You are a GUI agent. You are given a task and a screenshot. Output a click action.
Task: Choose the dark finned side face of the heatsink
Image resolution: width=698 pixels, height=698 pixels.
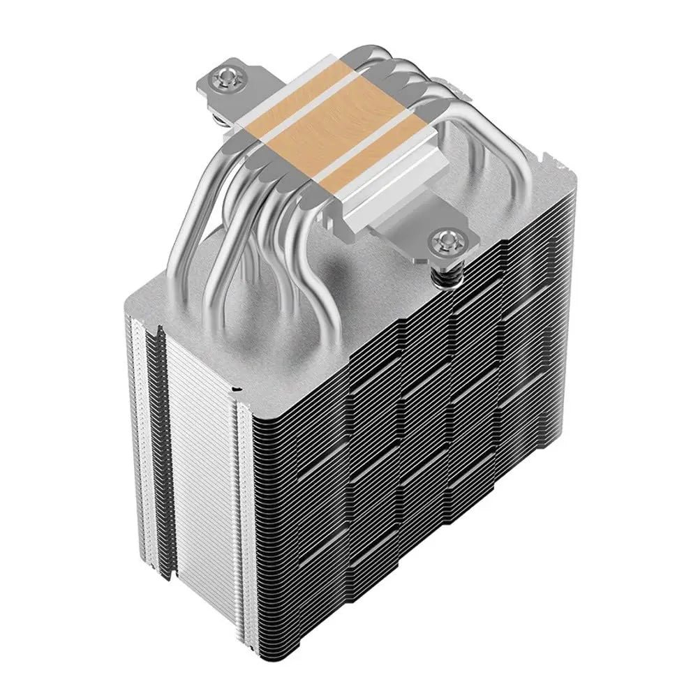click(419, 433)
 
